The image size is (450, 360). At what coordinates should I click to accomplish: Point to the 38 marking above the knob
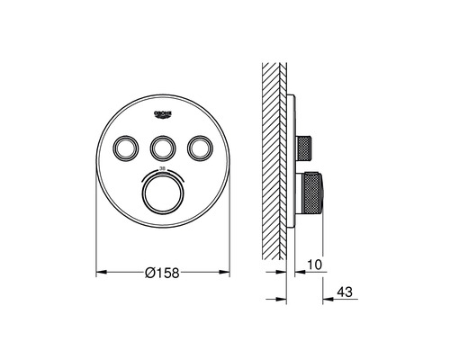pos(163,167)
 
